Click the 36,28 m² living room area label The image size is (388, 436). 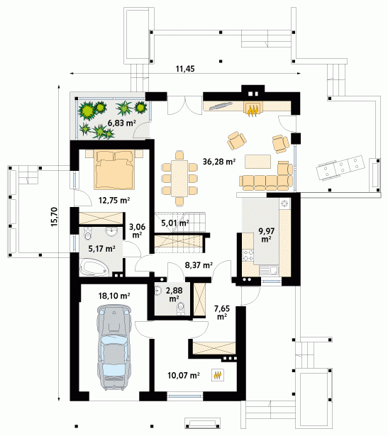tap(219, 161)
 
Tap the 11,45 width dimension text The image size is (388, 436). tap(185, 69)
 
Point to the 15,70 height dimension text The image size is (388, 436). tap(54, 217)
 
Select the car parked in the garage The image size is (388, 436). tap(114, 347)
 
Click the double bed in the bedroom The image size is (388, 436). tap(114, 169)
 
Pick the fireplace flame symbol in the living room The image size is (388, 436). tap(253, 110)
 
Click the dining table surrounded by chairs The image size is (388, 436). tap(179, 179)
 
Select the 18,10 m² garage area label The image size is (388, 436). tap(114, 296)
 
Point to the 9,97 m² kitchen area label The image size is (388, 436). tap(267, 235)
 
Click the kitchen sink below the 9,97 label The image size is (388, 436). tap(269, 270)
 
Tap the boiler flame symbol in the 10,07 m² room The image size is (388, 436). tap(218, 375)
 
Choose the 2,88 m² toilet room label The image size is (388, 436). tap(174, 294)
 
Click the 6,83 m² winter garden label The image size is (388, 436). tap(122, 123)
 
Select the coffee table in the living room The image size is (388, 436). tap(257, 162)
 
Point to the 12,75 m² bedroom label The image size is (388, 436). tap(114, 200)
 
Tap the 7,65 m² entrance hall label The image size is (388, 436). tap(222, 312)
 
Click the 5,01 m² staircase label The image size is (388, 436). tap(175, 223)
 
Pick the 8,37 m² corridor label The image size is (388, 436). tap(199, 265)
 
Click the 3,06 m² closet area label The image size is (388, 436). tap(137, 230)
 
